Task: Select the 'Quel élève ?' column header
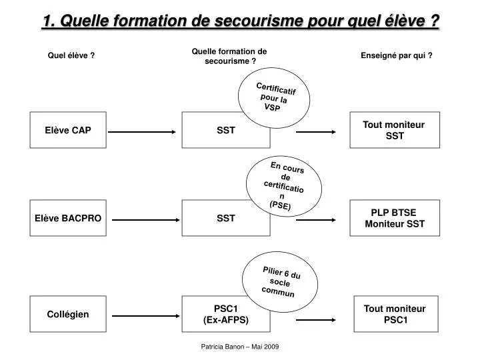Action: point(71,56)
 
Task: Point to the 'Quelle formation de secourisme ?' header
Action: point(229,56)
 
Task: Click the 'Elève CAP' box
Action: point(69,130)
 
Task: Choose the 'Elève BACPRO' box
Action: point(69,218)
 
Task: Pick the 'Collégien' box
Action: point(69,314)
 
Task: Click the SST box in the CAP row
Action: point(226,130)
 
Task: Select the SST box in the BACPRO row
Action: point(226,218)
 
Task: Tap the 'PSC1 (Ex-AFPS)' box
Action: point(226,314)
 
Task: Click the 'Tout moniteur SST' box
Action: point(394,130)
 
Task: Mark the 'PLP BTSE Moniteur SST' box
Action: point(394,218)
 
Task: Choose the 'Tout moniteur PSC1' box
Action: point(394,314)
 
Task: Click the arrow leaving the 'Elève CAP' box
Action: point(143,132)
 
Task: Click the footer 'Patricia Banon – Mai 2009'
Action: point(240,347)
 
